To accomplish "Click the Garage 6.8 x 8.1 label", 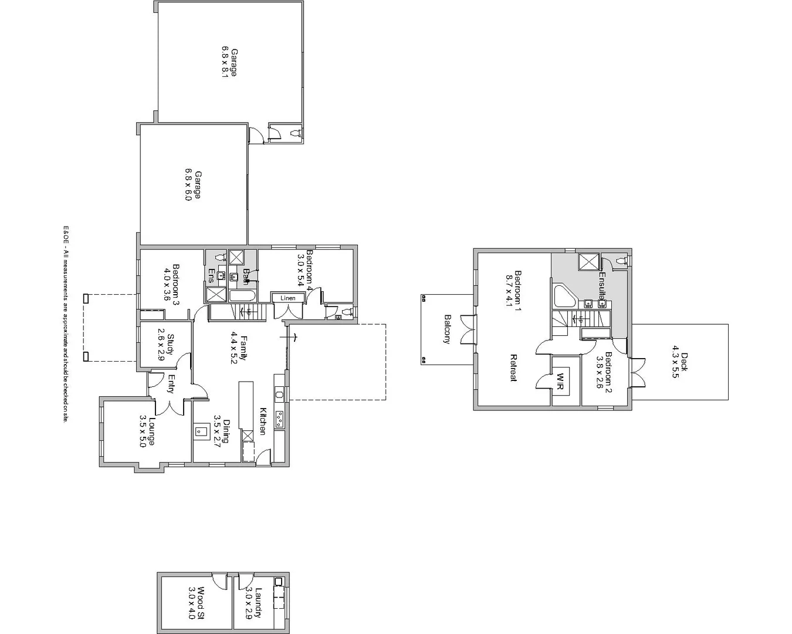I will point(229,63).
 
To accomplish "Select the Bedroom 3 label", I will point(171,284).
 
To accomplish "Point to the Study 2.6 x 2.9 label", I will point(165,344).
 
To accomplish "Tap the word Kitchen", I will point(263,421).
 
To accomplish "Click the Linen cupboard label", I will point(288,298).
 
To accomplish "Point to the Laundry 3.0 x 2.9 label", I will point(253,603).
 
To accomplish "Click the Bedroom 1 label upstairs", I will point(514,289).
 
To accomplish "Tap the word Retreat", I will point(513,368).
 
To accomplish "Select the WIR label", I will point(560,382).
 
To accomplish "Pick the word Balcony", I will point(447,329).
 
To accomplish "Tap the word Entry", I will point(171,385).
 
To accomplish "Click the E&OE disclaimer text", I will point(66,324).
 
